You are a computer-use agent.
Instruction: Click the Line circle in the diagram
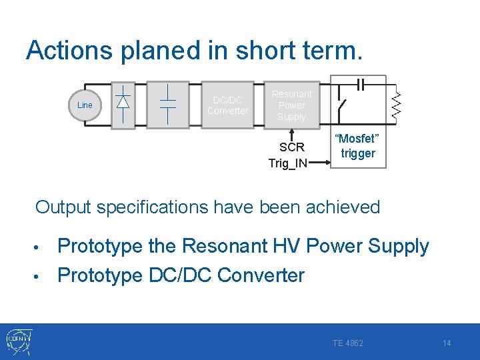point(85,105)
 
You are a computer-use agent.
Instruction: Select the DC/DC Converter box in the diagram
point(227,105)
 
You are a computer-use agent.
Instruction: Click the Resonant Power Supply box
point(291,105)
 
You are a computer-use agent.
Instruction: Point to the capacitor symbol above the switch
point(361,83)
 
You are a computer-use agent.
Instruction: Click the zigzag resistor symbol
point(396,103)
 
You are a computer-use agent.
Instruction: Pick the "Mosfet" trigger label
point(358,146)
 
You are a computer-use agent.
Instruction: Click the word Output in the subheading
point(63,207)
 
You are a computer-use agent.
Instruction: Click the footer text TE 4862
point(348,343)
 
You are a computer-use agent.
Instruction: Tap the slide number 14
point(447,343)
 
